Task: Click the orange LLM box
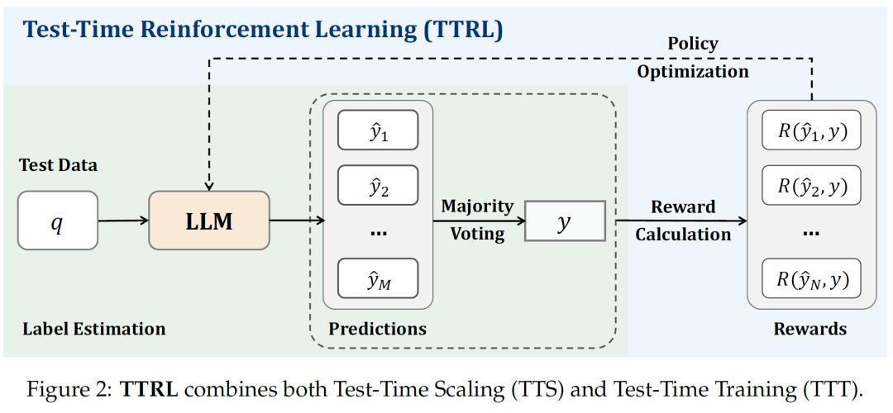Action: [209, 221]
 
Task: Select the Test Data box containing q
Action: [58, 221]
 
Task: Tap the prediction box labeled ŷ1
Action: [378, 130]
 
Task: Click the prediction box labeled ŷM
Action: [378, 278]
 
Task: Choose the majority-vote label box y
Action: [565, 221]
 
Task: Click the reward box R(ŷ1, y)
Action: [811, 131]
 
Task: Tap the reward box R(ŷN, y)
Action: [811, 278]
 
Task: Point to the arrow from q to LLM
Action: [123, 221]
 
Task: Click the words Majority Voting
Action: [477, 220]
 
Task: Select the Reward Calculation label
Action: [683, 220]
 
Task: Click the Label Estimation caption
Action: [94, 328]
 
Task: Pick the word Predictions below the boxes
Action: [377, 328]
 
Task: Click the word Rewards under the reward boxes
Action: [809, 328]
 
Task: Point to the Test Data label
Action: [58, 165]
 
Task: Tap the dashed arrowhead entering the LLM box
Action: [209, 186]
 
